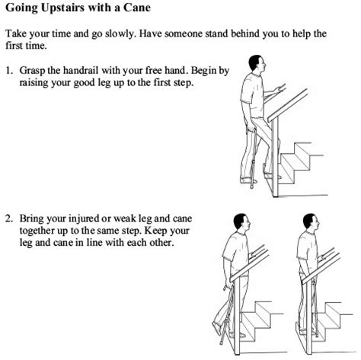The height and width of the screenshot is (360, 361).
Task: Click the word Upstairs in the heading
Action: coord(62,8)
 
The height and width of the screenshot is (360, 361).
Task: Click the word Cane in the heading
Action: coord(137,8)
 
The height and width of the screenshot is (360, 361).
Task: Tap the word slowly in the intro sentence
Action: coord(120,34)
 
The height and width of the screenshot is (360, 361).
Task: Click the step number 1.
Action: coord(9,70)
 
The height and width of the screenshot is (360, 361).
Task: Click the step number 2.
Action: coord(9,218)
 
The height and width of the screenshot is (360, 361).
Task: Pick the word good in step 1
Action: coord(82,83)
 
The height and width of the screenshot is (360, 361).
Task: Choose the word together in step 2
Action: coord(37,231)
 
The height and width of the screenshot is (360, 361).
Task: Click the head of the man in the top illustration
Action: coord(257,65)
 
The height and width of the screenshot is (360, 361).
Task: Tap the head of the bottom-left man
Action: coord(241,223)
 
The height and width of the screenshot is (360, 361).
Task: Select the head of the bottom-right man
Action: coord(311,223)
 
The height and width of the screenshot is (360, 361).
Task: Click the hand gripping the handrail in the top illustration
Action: coord(279,89)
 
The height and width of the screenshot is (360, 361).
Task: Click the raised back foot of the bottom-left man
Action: coord(216,329)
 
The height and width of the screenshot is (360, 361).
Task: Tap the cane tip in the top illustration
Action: coord(251,186)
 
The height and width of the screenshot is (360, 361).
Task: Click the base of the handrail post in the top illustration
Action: coord(276,195)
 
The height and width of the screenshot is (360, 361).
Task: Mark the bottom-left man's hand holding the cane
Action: coord(228,286)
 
